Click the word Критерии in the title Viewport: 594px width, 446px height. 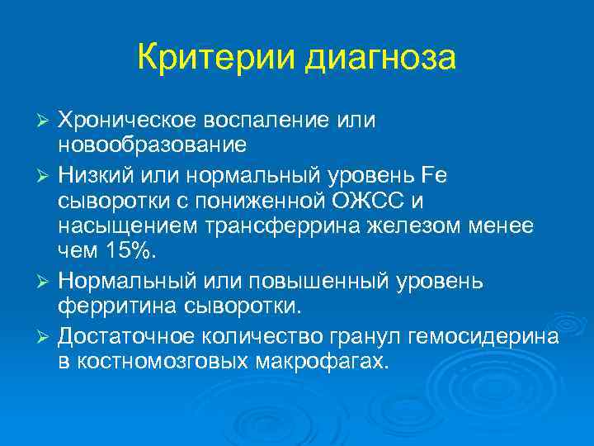point(216,59)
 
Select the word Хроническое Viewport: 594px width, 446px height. point(134,121)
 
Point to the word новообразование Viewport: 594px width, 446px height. point(152,145)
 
